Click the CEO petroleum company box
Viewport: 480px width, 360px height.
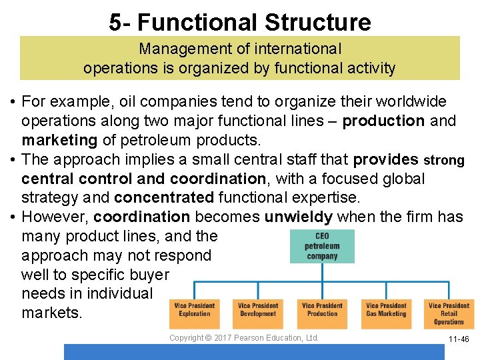tap(323, 247)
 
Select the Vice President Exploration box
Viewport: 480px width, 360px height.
tap(194, 310)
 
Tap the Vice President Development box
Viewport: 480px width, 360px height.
tap(258, 310)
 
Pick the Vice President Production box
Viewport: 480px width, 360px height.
tap(322, 310)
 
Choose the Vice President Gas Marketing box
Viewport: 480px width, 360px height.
tap(386, 310)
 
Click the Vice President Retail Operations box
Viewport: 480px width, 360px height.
tap(449, 313)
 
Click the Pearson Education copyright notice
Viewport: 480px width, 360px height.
tap(244, 338)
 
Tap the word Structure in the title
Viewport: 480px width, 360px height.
tap(317, 23)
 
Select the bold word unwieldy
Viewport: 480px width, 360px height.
tap(299, 217)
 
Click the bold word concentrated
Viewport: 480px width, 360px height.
tap(164, 198)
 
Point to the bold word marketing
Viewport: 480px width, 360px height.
tap(59, 140)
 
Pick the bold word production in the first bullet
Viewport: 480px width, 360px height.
tap(383, 121)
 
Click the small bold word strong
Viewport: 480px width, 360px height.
tap(445, 161)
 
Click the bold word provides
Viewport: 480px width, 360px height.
tap(385, 160)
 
